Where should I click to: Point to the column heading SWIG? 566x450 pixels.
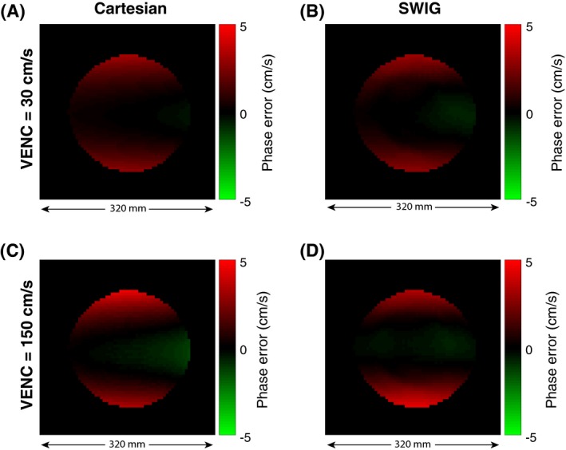tap(412, 12)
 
